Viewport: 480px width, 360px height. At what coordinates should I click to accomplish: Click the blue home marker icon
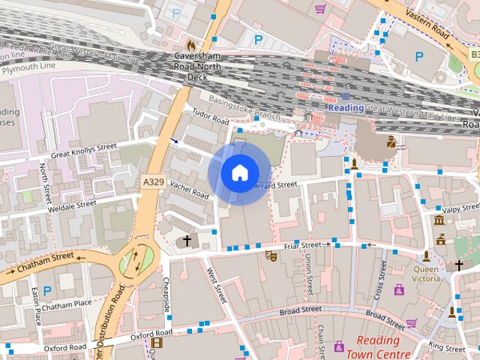tap(238, 172)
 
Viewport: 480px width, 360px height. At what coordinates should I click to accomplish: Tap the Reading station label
tap(346, 108)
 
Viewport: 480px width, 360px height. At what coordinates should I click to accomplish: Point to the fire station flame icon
tap(191, 45)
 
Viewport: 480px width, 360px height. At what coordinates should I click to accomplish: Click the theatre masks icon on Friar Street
tap(270, 256)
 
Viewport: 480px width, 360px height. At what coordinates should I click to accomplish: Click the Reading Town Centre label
tap(378, 346)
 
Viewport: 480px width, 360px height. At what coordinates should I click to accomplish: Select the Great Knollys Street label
tap(84, 151)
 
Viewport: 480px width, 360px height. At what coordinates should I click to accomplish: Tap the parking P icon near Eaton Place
tap(47, 290)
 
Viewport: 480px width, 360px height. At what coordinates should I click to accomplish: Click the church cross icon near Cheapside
tap(187, 241)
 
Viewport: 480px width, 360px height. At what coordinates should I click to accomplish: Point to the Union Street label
tap(309, 273)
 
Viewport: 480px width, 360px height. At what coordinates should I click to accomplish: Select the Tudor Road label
tap(210, 118)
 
